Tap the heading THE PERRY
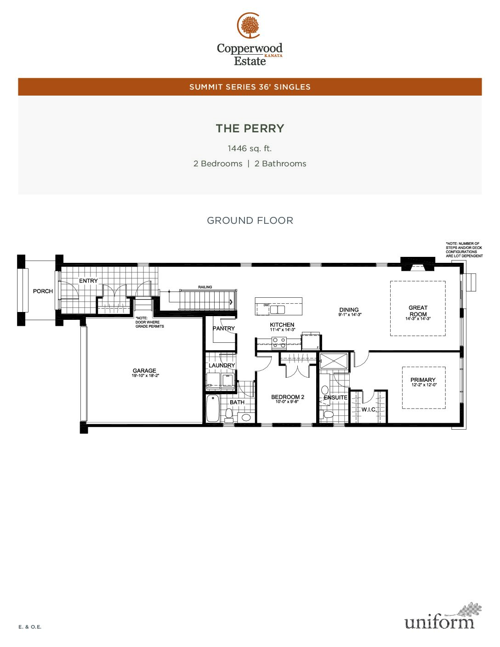(x=250, y=129)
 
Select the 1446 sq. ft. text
(x=250, y=148)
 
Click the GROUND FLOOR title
(x=250, y=221)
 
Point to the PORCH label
(x=43, y=291)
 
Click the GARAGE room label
(x=144, y=371)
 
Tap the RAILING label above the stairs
(x=205, y=287)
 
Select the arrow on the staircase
(x=231, y=302)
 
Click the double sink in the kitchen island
(x=277, y=310)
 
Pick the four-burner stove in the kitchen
(x=279, y=343)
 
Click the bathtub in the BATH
(x=213, y=408)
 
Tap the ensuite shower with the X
(x=334, y=361)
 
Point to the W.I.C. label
(x=369, y=410)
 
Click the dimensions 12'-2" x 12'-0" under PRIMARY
(x=424, y=385)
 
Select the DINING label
(x=349, y=310)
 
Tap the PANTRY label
(x=224, y=329)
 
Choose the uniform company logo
(x=443, y=616)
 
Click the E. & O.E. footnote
(x=30, y=627)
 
